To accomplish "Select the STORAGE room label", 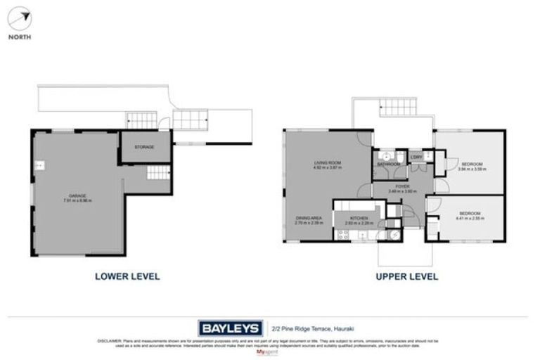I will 144,147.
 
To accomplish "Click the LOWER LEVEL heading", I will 127,276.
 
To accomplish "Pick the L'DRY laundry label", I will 416,157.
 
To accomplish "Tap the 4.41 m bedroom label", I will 470,214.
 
